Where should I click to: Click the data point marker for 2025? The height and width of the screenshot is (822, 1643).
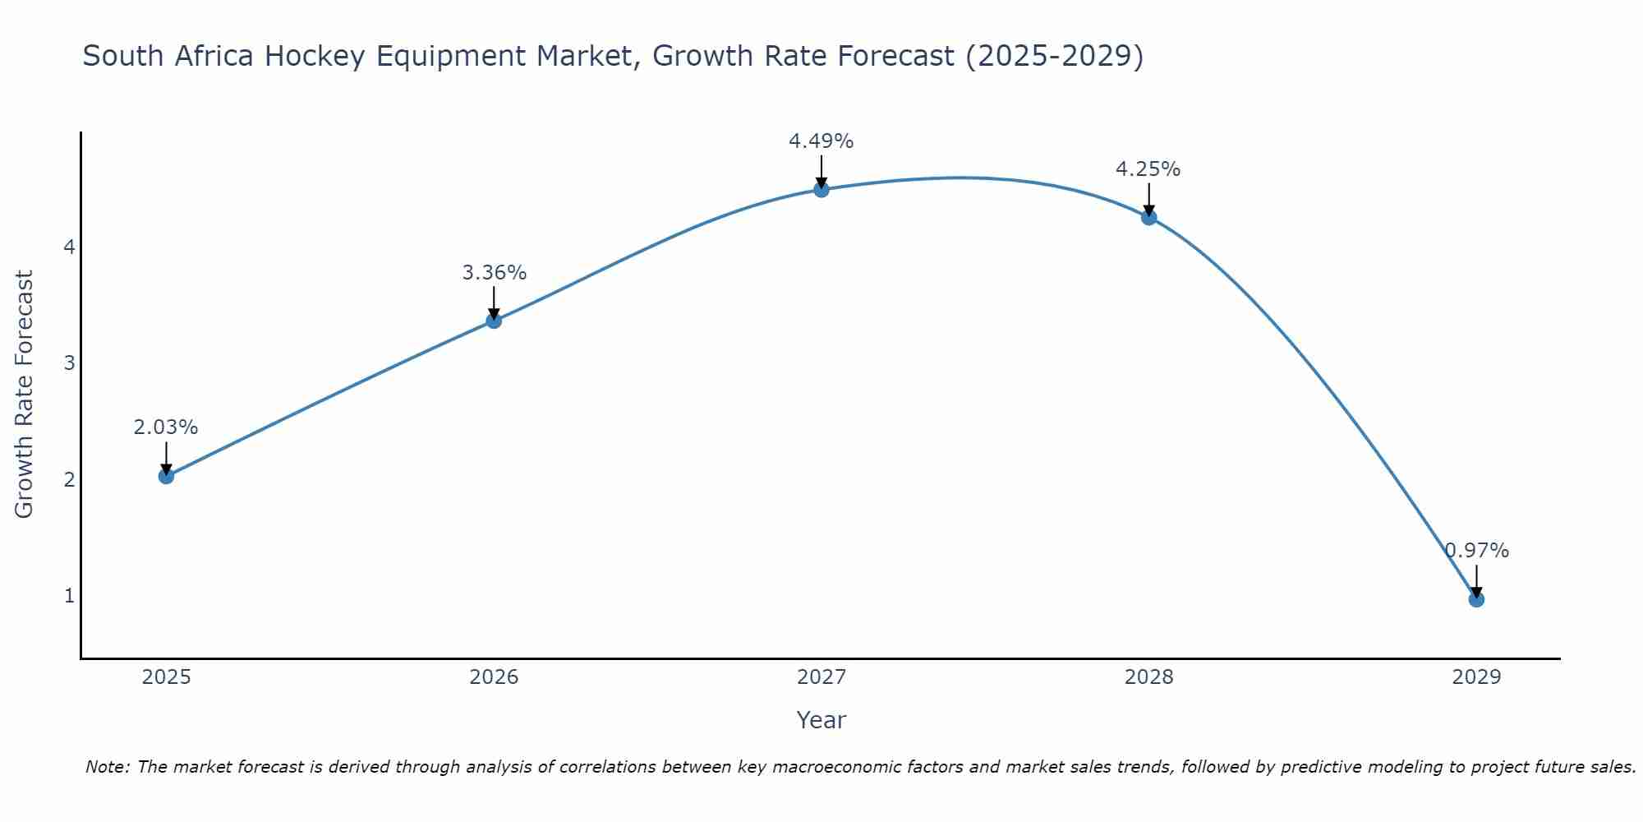(x=166, y=476)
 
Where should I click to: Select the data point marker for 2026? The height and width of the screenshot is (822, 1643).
(x=494, y=321)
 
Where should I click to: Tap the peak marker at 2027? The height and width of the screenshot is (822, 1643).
(x=821, y=190)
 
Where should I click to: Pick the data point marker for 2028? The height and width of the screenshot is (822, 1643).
(x=1149, y=217)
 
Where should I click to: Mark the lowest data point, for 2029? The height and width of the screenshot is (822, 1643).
(x=1476, y=599)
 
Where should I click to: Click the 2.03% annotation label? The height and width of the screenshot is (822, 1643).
(x=166, y=427)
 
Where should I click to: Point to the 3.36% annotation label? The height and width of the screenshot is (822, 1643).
(x=494, y=272)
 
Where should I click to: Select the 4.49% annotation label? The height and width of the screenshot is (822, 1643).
(x=821, y=141)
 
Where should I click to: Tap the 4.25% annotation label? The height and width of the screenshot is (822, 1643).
(x=1148, y=169)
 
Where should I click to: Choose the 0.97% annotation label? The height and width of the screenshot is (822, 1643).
(x=1477, y=551)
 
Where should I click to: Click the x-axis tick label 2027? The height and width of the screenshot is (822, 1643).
(x=821, y=677)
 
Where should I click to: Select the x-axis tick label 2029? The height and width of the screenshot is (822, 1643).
(x=1476, y=677)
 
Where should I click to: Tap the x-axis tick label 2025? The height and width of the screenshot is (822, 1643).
(x=166, y=677)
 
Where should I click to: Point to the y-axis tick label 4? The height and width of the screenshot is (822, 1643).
(x=69, y=247)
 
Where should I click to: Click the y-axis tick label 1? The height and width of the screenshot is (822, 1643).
(x=69, y=595)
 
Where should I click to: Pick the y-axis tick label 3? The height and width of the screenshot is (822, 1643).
(x=69, y=363)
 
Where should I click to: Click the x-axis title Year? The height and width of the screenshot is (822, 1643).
(x=821, y=720)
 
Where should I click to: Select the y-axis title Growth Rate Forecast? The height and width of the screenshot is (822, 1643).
(x=25, y=395)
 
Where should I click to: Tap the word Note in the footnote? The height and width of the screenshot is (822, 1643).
(x=107, y=767)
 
